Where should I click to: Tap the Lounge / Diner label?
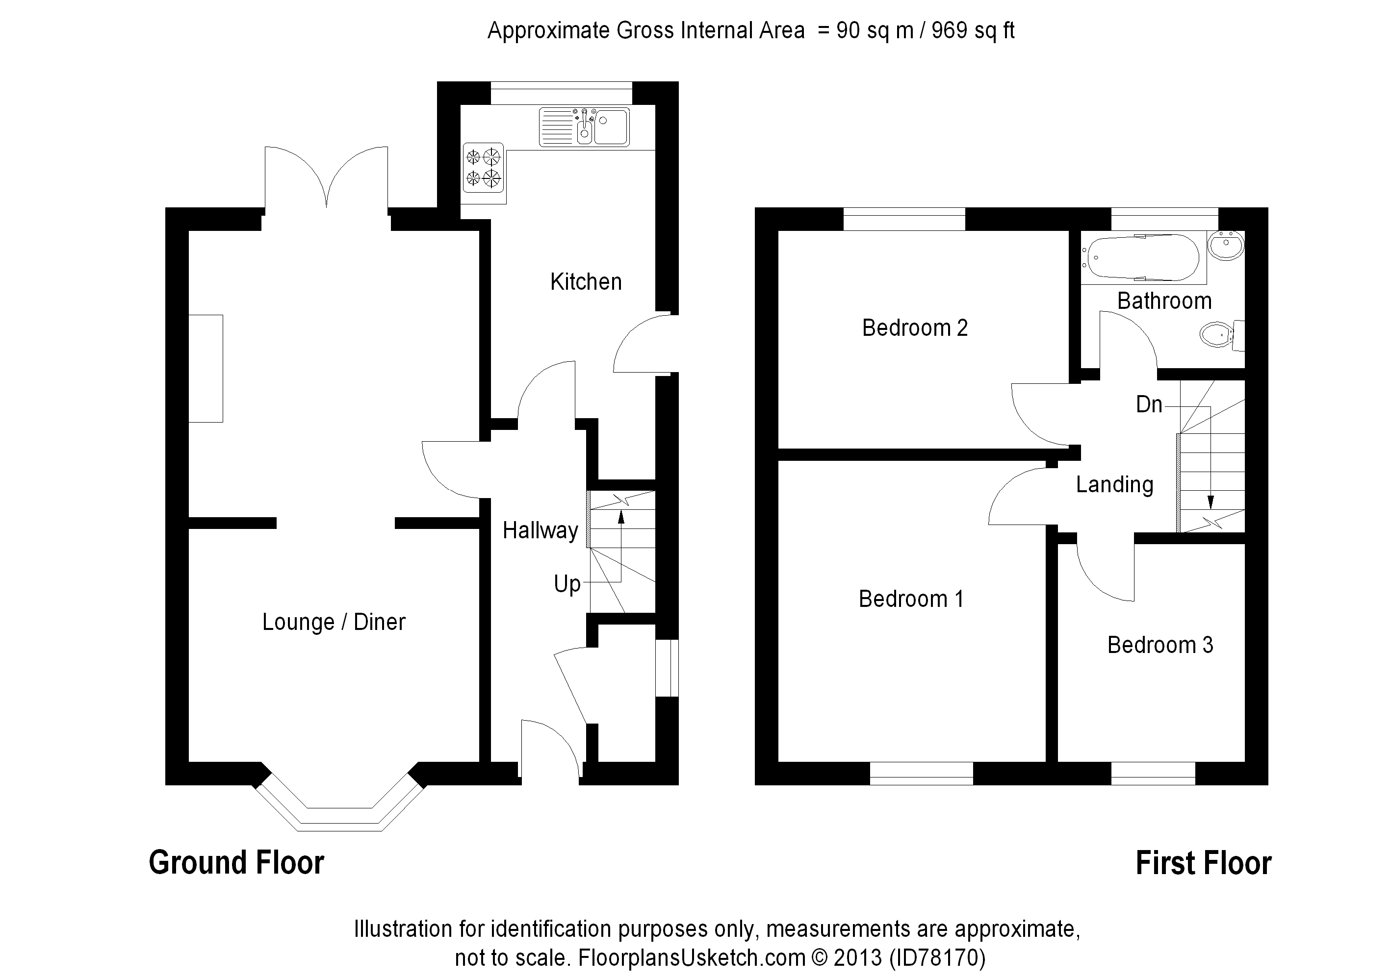[334, 623]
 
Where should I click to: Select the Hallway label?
[540, 530]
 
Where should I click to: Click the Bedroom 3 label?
[1160, 645]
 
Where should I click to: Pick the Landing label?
[1114, 484]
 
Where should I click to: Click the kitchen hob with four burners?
[483, 168]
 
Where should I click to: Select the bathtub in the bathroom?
[1143, 258]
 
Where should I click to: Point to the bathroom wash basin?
[1226, 245]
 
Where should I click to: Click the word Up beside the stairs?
[567, 584]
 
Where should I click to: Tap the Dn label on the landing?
[1149, 404]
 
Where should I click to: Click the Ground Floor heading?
[236, 863]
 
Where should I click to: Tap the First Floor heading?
[1203, 863]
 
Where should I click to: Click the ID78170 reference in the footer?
[937, 957]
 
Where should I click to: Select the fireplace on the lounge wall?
[206, 368]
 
